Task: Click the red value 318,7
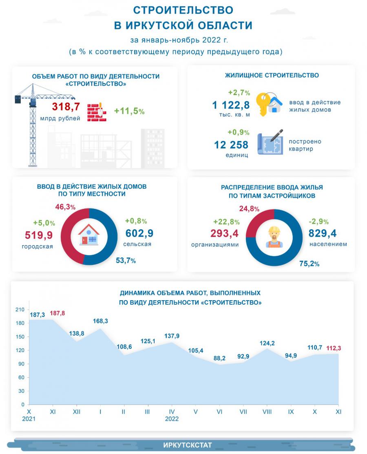[66, 107]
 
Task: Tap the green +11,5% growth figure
[129, 111]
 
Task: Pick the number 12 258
[231, 144]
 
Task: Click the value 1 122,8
[231, 105]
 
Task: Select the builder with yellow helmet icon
[274, 236]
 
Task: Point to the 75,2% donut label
[309, 264]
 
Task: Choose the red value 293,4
[224, 233]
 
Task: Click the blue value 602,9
[139, 233]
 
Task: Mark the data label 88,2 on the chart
[219, 358]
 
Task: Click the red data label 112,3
[333, 348]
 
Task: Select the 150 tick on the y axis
[20, 337]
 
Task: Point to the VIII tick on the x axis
[267, 412]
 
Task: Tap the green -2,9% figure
[319, 221]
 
